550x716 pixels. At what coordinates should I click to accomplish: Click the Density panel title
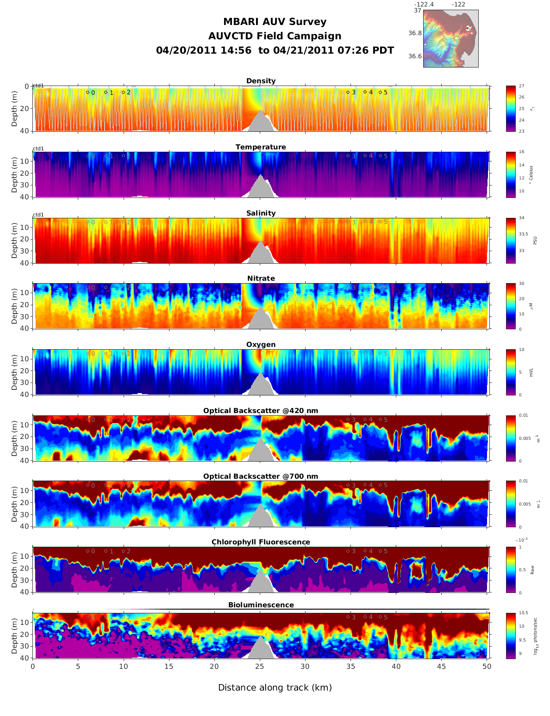pos(261,81)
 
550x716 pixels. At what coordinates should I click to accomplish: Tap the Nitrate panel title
pos(261,278)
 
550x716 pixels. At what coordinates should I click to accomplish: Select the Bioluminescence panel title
pos(261,605)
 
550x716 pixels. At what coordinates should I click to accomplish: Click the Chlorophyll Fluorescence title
pos(261,542)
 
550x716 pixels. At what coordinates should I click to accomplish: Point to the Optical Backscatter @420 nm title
pos(261,411)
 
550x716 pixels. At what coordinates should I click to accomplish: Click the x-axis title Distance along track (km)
pos(275,687)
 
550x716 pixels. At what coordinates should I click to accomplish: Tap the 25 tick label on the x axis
pos(260,667)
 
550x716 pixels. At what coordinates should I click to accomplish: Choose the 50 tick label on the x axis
pos(487,667)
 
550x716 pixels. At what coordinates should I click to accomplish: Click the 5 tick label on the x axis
pos(78,667)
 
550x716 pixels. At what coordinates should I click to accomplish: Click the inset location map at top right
pos(450,38)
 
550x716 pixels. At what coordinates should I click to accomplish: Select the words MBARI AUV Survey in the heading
pos(275,22)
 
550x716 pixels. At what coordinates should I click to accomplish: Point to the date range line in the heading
pos(275,50)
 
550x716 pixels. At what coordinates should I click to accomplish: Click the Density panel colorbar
pos(511,109)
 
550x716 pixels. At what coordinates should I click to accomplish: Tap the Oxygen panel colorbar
pos(511,372)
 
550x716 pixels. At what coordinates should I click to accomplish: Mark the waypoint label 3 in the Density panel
pos(354,93)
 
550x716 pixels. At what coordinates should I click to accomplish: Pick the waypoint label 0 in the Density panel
pos(93,93)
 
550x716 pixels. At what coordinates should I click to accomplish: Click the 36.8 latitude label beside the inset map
pos(415,33)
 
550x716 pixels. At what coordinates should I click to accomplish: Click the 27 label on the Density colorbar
pos(521,86)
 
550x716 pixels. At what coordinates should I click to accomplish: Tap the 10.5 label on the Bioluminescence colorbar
pos(523,613)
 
